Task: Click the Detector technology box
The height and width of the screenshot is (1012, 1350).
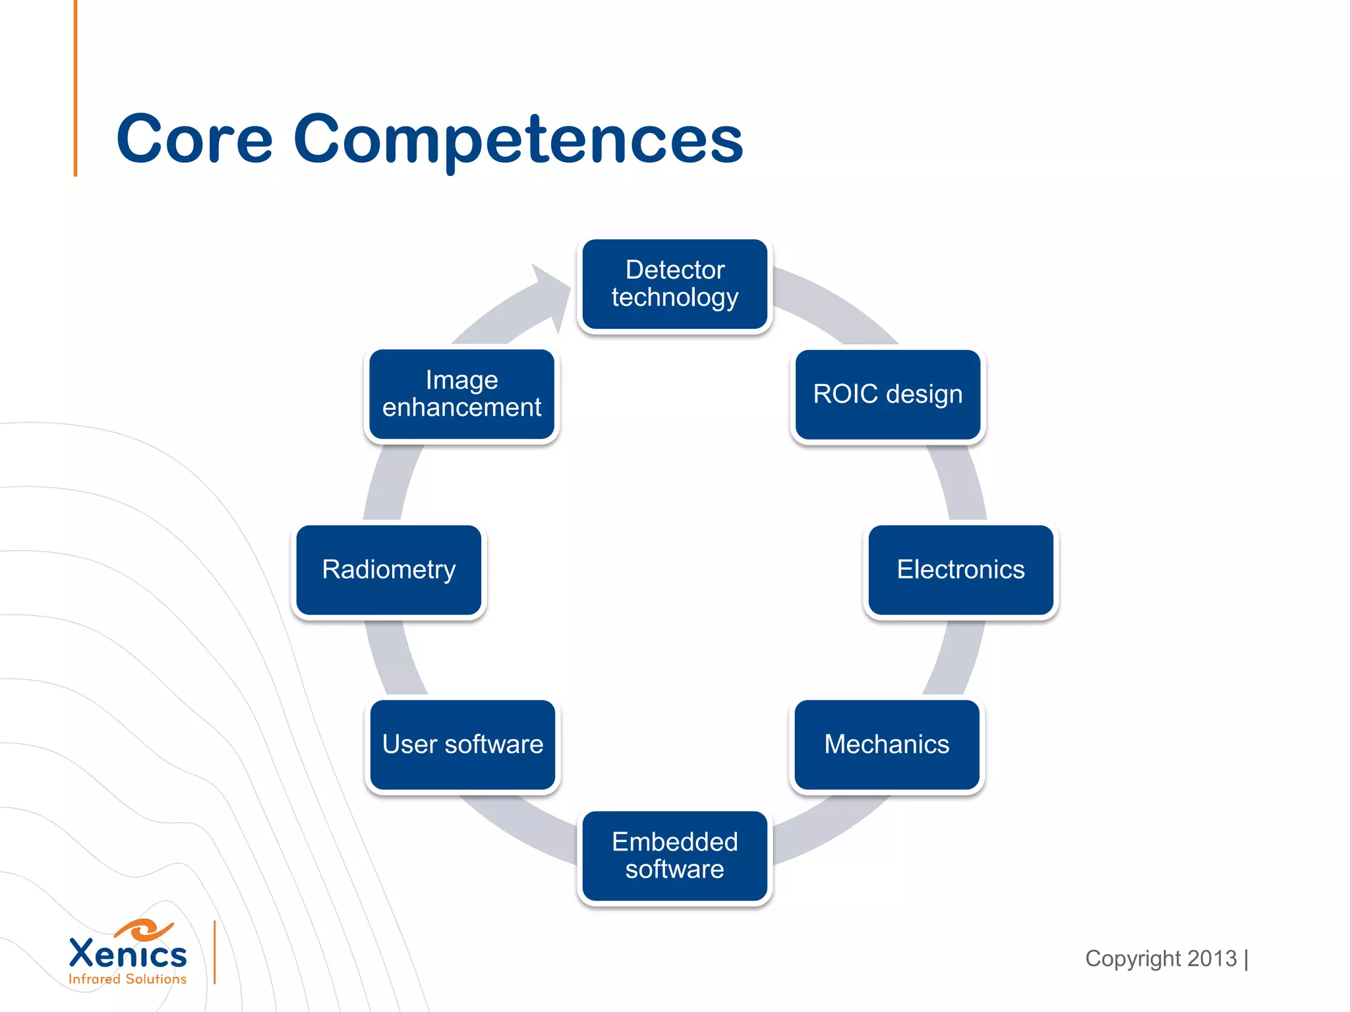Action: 674,284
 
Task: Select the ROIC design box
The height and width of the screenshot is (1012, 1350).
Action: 887,394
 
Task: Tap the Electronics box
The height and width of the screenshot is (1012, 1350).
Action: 960,569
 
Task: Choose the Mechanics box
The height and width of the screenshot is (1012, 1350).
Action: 887,745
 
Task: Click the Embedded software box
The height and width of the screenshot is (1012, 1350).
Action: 674,855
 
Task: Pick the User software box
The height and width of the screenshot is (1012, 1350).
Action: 462,745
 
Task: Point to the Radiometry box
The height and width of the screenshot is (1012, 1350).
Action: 389,569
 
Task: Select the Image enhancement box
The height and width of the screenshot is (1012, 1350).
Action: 461,394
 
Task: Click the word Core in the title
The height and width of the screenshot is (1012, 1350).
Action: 194,140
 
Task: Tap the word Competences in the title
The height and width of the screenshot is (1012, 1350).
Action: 518,140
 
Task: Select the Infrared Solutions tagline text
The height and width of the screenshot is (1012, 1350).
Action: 128,979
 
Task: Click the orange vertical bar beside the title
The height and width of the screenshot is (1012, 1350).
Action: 76,88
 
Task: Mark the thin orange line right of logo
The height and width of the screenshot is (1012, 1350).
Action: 215,952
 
